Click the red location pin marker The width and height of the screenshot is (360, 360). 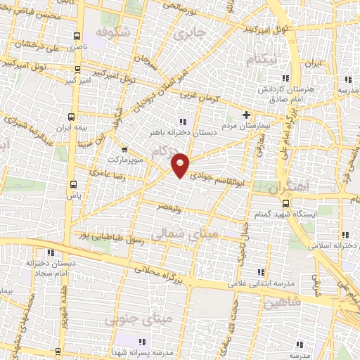point(181,165)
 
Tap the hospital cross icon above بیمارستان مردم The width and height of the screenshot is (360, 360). point(246,115)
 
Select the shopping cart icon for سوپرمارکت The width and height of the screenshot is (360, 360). point(124,149)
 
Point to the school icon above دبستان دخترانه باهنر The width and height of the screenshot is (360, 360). point(183,121)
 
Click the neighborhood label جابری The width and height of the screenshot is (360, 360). point(191,33)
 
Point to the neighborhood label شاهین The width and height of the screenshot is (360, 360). point(263,302)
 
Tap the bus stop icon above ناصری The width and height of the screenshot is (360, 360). point(77,36)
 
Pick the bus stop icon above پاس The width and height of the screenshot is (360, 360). point(73,184)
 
